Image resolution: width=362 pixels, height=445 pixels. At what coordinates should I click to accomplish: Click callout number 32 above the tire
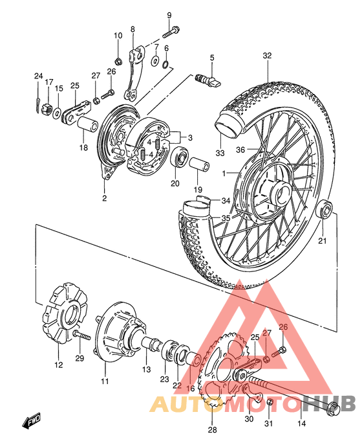266,56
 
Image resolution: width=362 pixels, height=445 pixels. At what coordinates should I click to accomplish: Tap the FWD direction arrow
32,424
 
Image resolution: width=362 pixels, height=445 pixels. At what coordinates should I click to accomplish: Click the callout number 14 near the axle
301,424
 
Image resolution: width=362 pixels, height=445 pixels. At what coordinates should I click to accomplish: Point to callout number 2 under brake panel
104,198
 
